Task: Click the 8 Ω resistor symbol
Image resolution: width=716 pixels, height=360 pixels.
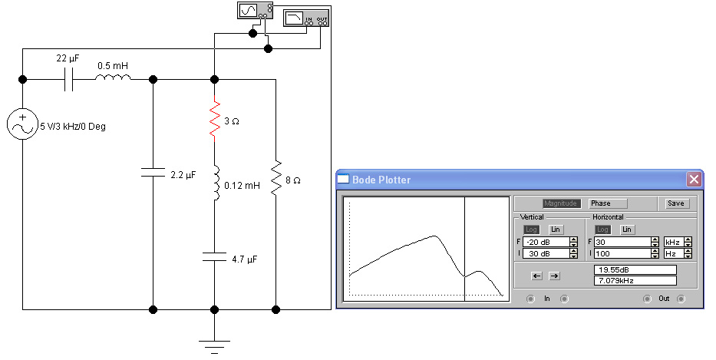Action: point(276,180)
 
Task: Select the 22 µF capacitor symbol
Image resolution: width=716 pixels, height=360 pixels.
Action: point(69,79)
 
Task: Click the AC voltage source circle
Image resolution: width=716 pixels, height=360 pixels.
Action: point(22,124)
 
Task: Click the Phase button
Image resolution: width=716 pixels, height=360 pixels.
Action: point(608,203)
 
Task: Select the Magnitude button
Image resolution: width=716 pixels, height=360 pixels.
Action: point(562,203)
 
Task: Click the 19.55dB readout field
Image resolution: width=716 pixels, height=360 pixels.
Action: point(635,269)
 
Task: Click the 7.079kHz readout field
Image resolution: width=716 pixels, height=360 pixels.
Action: point(635,281)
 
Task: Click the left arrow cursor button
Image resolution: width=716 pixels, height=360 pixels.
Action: point(536,276)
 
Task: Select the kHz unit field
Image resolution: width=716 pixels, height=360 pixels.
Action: point(674,242)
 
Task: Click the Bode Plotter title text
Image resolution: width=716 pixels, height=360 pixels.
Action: point(381,180)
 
